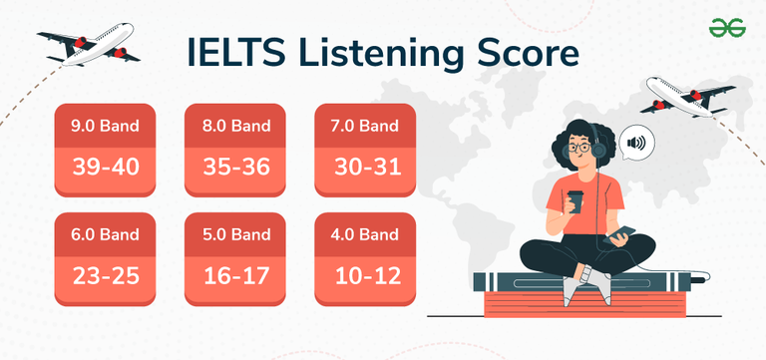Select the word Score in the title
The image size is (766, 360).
point(523,53)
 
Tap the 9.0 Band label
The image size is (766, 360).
point(105,127)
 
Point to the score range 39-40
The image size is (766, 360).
point(105,167)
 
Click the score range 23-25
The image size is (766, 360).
point(105,272)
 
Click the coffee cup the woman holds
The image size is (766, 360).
point(574,200)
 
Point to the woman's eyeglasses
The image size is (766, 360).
point(577,148)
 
